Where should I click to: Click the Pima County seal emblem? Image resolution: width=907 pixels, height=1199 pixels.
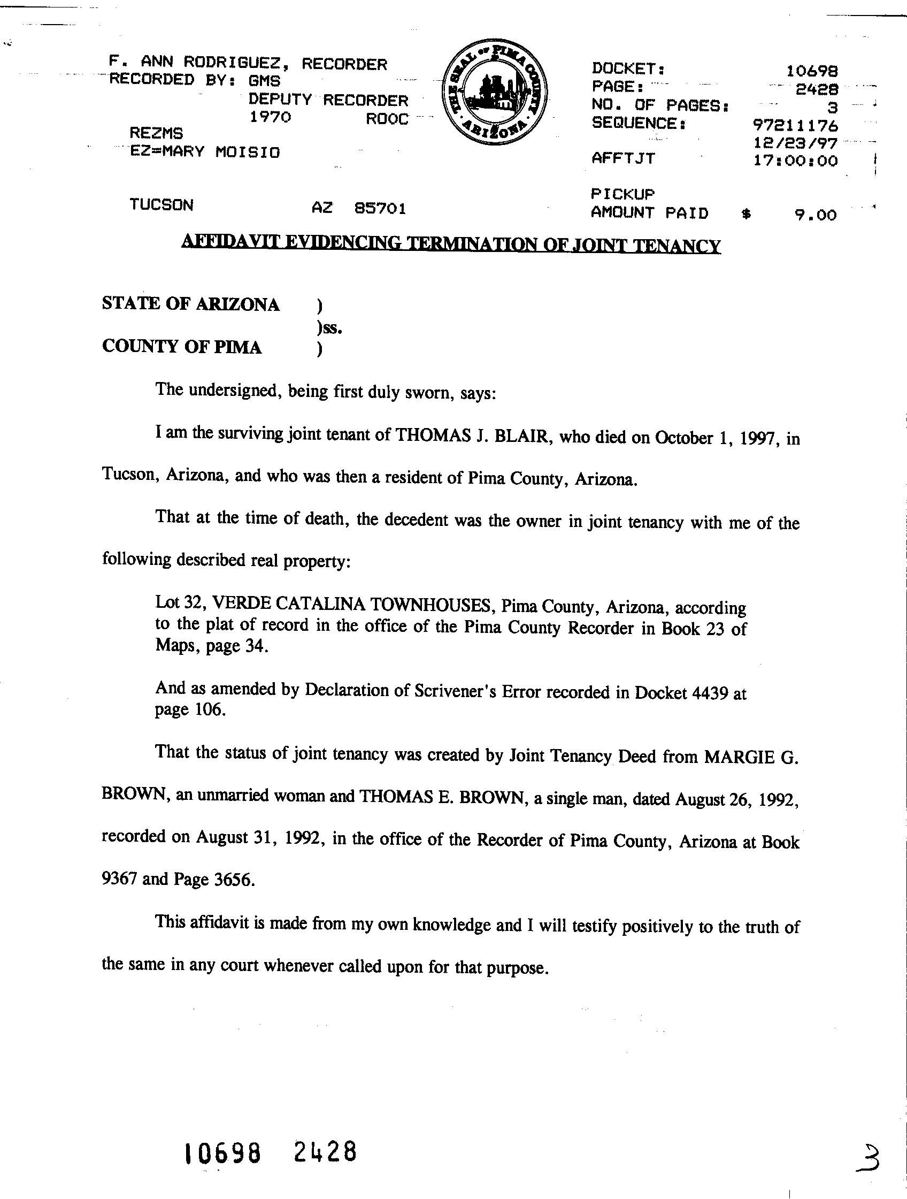coord(494,100)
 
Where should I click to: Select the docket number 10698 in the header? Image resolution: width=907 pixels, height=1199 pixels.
coord(812,71)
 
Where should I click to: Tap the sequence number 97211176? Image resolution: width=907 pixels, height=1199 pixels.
coord(795,126)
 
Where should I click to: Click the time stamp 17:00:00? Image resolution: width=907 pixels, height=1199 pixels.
coord(795,161)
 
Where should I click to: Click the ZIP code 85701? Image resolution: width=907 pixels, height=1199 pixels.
coord(380,208)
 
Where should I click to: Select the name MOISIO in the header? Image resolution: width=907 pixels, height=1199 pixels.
coord(248,152)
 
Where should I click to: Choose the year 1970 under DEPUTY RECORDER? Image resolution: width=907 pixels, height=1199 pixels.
coord(270,117)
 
